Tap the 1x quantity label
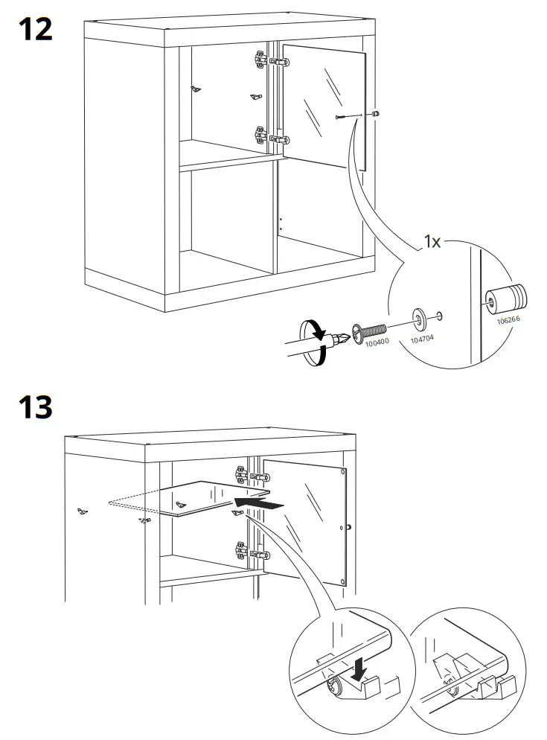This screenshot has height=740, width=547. pos(435,240)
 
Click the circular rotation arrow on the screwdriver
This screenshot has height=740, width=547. pos(313,342)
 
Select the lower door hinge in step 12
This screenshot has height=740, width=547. pos(269,136)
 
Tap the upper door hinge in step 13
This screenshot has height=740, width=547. pos(249,473)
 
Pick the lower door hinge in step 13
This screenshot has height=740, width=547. pos(249,552)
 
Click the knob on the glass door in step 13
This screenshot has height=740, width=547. pos(348,528)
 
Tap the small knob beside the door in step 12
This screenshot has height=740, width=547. pos(376,114)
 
